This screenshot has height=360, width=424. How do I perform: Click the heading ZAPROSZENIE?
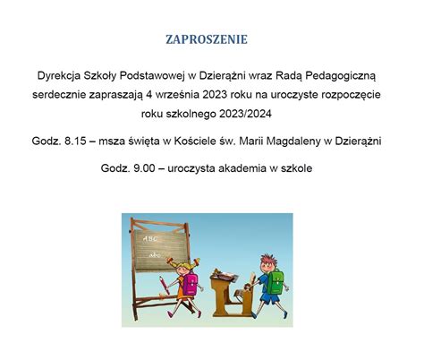coord(207,39)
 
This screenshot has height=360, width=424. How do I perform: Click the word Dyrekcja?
coord(59,76)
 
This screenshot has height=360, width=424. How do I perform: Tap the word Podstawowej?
coord(152,76)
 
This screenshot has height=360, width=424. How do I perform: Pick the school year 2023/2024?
coord(245,114)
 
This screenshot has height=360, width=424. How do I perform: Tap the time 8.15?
coord(75,141)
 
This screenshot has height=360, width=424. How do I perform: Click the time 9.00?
coord(144,168)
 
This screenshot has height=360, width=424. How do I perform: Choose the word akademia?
coord(242,168)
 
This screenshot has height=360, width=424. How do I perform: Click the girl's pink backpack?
coord(191,283)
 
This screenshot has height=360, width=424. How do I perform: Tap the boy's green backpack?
coord(276,281)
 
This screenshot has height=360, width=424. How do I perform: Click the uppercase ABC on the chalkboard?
coord(150,239)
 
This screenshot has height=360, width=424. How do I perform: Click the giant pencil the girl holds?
coord(165,286)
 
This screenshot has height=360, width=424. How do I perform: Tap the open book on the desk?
coord(226,276)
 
